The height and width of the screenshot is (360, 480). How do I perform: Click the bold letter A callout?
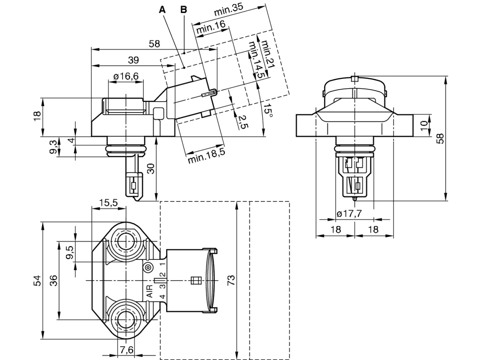tap(162, 10)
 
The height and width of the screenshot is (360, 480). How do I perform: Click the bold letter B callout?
tap(184, 10)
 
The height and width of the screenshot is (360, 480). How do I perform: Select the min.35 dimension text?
tap(228, 10)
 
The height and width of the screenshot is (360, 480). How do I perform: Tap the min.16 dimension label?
tap(211, 27)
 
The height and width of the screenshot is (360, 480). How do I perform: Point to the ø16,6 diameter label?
tap(126, 76)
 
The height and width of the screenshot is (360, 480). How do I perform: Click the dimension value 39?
tap(133, 60)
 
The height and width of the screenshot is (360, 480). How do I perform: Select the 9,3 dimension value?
tap(53, 147)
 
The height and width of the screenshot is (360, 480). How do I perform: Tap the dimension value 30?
tap(151, 168)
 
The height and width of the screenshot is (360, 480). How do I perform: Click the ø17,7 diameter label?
tap(349, 213)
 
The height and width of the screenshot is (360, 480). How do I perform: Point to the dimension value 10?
tap(424, 126)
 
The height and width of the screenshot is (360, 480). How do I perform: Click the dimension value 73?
tap(231, 280)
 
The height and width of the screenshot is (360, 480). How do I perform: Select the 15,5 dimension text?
tap(108, 202)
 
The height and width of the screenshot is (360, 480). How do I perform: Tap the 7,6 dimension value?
tap(127, 350)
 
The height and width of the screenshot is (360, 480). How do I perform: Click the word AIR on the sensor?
tap(150, 291)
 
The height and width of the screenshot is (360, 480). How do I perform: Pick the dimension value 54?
tap(37, 280)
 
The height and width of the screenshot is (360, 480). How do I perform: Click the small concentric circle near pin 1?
tap(148, 267)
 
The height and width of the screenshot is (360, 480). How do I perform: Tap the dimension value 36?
tap(53, 280)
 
